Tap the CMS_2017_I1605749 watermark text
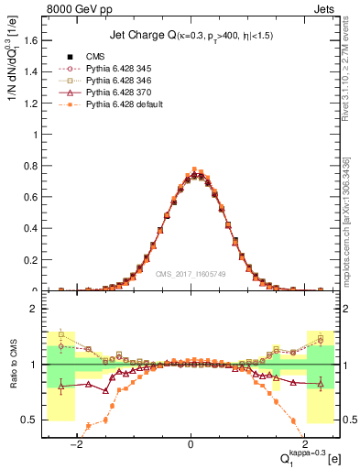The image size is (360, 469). click(x=191, y=273)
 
